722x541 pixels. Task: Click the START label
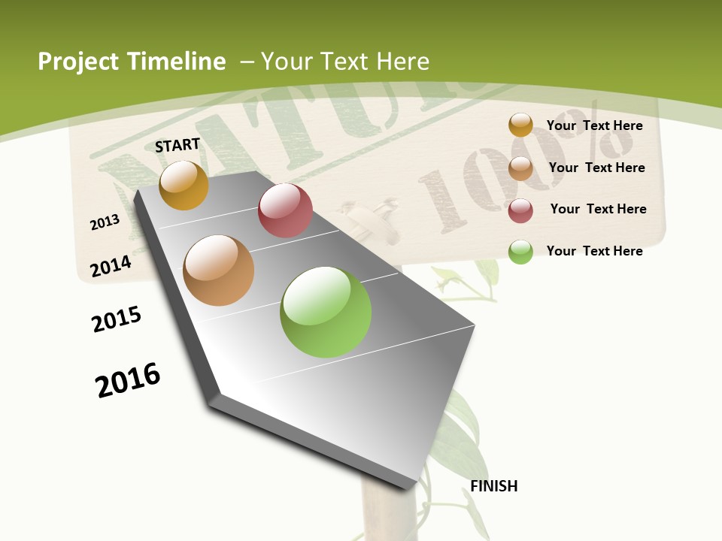point(177,145)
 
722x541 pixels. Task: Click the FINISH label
point(494,486)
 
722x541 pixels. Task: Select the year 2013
point(105,222)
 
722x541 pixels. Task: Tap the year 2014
point(111,266)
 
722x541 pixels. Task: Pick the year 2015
point(117,319)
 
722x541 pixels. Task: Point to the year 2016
point(128,379)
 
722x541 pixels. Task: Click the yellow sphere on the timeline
point(184,185)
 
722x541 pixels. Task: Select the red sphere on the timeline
point(285,210)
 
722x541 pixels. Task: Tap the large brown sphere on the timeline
point(219,270)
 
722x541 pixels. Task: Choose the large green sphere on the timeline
point(326,312)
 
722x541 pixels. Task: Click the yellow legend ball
point(520,125)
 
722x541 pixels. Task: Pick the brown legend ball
point(520,168)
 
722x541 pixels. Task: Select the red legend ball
point(520,210)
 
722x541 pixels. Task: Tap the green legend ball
point(520,252)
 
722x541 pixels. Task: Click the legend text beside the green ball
point(594,251)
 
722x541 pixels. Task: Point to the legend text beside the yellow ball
point(594,125)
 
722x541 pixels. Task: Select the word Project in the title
point(77,62)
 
